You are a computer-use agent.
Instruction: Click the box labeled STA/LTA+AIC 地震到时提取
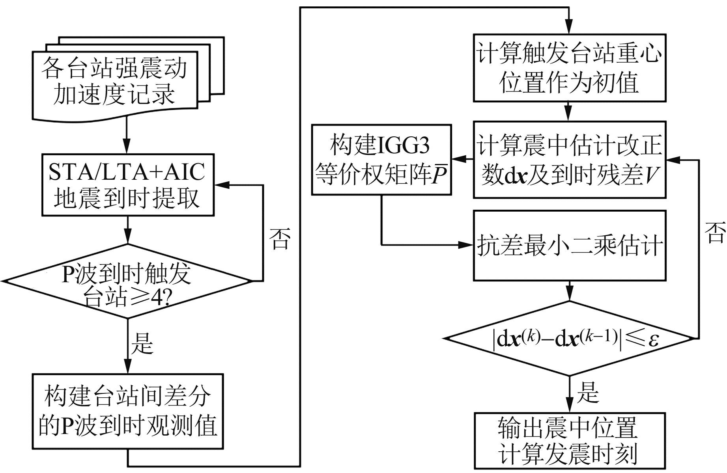pos(128,185)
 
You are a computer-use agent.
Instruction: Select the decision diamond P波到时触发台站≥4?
pos(127,281)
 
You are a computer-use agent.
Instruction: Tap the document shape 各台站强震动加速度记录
pos(114,81)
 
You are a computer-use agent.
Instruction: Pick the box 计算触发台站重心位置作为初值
pos(569,68)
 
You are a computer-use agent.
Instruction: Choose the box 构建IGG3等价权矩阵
pos(381,160)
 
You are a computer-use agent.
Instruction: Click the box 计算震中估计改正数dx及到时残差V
pos(569,160)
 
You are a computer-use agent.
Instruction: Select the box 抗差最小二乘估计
pos(569,246)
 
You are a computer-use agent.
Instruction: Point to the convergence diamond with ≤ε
pos(569,338)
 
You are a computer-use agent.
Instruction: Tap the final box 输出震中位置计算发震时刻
pos(569,441)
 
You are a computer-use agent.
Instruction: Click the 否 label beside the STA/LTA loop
pos(280,238)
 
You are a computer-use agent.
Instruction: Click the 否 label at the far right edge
pos(715,233)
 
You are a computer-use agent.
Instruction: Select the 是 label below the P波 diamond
pos(142,343)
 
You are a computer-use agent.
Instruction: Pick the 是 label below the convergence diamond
pos(588,393)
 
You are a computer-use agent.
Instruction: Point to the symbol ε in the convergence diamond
pos(654,339)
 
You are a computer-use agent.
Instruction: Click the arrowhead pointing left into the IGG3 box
pos(457,160)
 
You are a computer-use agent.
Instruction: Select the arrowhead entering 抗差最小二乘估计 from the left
pos(467,245)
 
